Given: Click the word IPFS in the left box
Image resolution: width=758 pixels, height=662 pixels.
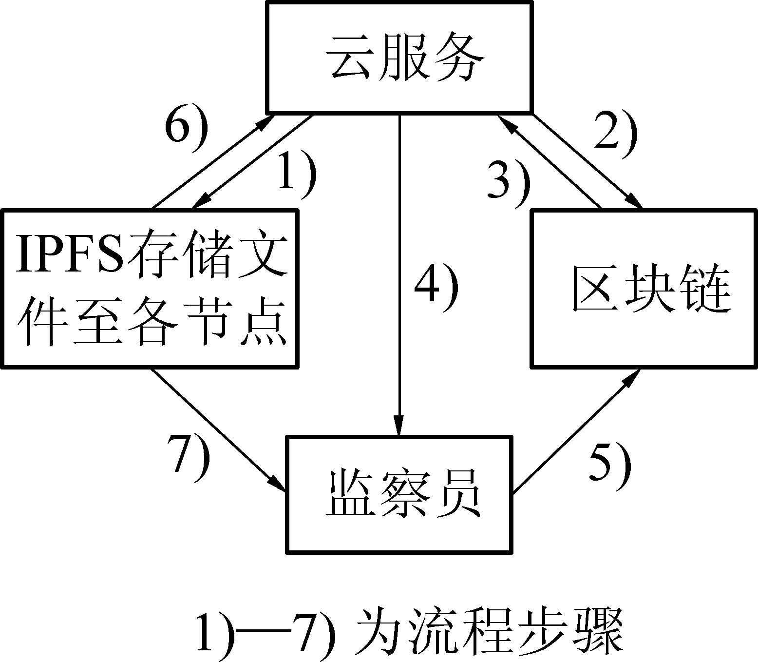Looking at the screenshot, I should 69,253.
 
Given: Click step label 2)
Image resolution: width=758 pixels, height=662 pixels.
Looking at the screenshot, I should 615,136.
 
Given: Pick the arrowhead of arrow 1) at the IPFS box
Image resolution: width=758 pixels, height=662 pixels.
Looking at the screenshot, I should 201,202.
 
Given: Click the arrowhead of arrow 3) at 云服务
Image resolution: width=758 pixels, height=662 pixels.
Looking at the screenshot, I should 504,123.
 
